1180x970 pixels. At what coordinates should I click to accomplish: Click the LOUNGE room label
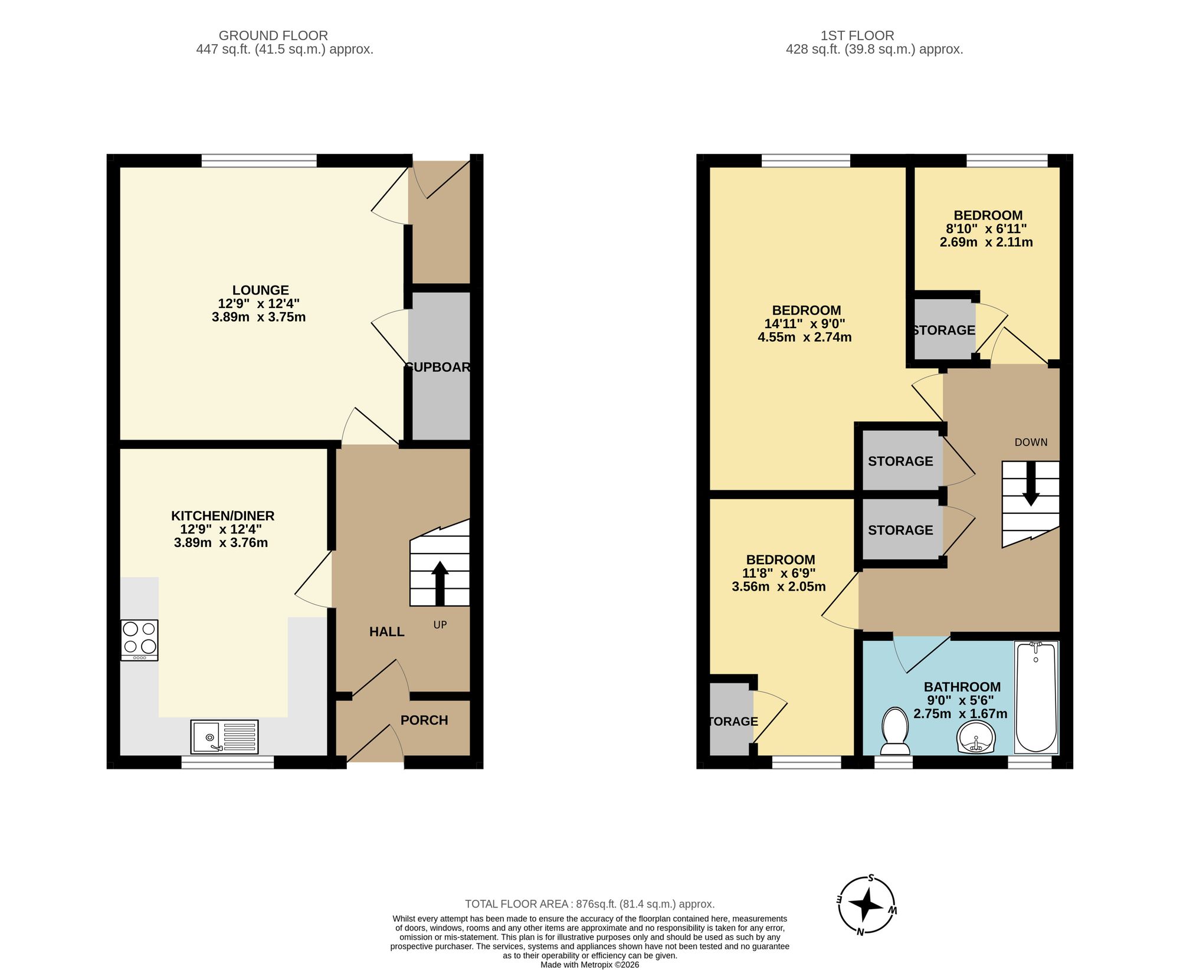tap(260, 290)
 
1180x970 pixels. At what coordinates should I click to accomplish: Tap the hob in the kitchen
tap(139, 640)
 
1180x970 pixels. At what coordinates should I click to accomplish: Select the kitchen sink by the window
tap(224, 737)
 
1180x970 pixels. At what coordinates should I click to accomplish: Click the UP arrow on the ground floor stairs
tap(440, 584)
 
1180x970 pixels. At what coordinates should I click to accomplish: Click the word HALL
tap(386, 632)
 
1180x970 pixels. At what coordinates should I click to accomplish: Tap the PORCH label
tap(424, 720)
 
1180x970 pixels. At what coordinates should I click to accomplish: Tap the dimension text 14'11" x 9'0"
tap(805, 324)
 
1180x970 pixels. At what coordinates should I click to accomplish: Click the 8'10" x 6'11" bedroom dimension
tap(986, 229)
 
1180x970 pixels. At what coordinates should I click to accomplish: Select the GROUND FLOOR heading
tap(273, 35)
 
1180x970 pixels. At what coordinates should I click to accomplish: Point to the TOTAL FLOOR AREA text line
tap(589, 904)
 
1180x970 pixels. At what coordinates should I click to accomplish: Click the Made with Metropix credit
tap(589, 965)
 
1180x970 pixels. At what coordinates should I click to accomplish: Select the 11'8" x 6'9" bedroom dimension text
tap(779, 574)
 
